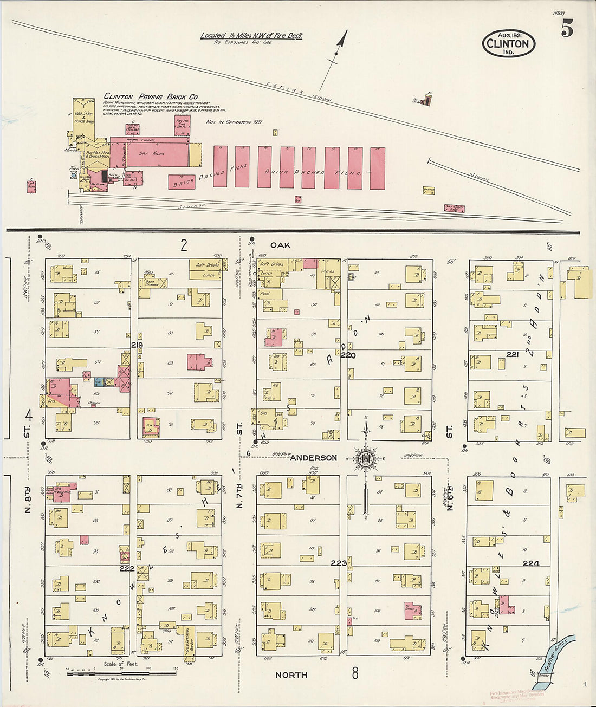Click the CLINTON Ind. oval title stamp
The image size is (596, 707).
(508, 44)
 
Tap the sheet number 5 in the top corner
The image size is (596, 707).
(567, 28)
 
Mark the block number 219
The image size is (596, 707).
(137, 345)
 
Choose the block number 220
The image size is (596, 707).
(348, 355)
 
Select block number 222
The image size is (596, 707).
(127, 568)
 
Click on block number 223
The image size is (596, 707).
(339, 563)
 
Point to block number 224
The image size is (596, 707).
(530, 563)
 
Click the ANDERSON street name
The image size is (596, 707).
(313, 458)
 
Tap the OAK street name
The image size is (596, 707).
(281, 245)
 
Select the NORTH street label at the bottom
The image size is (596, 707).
(291, 675)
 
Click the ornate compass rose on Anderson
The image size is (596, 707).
(366, 459)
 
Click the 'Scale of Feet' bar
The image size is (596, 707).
(120, 672)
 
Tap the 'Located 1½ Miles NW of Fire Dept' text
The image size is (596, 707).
(251, 36)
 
